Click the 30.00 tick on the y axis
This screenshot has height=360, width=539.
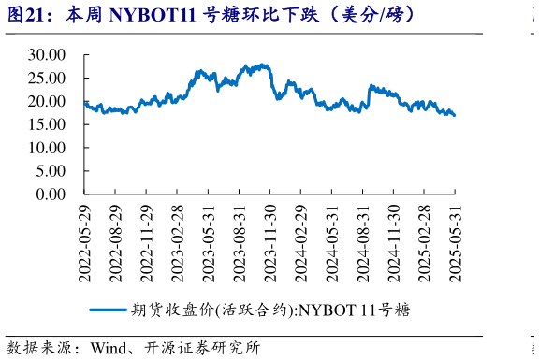click(x=46, y=54)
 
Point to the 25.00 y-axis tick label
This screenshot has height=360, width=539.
click(x=46, y=78)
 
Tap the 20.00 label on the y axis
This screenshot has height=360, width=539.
click(x=46, y=101)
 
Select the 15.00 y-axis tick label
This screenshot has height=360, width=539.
click(x=46, y=124)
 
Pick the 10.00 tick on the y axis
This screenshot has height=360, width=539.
click(x=46, y=148)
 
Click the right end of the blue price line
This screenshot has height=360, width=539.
click(x=455, y=116)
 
